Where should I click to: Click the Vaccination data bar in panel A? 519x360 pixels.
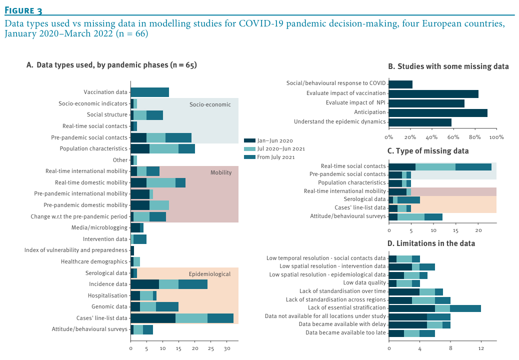(x=149, y=92)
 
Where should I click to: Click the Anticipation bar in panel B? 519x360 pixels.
(x=437, y=112)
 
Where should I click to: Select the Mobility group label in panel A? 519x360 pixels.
(x=221, y=172)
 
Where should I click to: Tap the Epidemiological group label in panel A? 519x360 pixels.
(x=209, y=274)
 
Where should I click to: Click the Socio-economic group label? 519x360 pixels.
(x=210, y=104)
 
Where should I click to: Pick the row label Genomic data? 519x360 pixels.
(x=109, y=306)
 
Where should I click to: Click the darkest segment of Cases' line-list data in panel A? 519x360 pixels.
(x=153, y=317)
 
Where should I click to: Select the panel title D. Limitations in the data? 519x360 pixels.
(x=431, y=243)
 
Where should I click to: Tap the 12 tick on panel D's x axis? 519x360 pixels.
(x=481, y=348)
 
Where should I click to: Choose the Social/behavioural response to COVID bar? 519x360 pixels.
(x=400, y=84)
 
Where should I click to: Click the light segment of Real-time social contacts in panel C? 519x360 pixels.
(x=435, y=166)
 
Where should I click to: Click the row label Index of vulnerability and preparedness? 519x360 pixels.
(x=76, y=250)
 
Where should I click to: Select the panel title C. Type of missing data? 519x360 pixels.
(x=428, y=151)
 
